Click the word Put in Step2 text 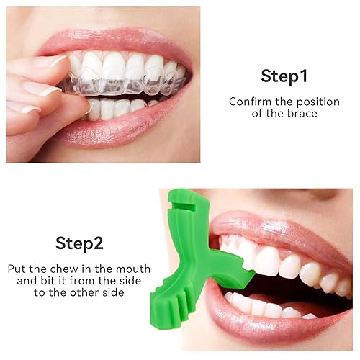click(17, 268)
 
